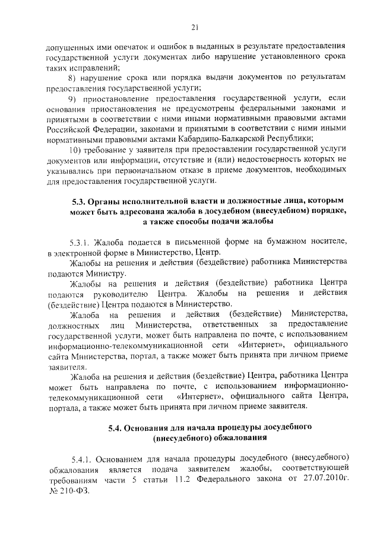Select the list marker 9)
tap(74, 97)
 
